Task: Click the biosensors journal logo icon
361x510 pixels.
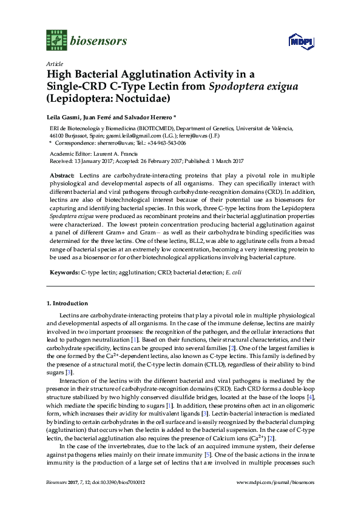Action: click(56, 41)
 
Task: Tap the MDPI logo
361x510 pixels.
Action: click(297, 41)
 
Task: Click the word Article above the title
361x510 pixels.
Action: click(53, 63)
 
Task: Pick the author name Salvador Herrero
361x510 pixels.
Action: click(148, 115)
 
